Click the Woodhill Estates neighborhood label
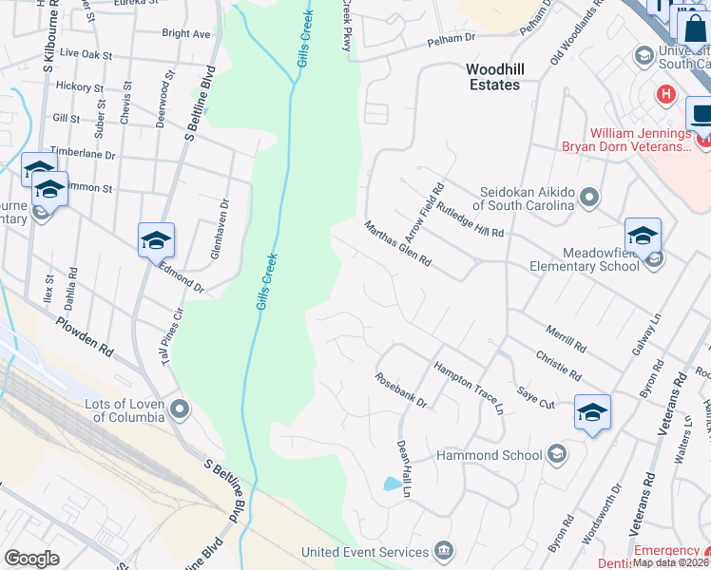pos(493,77)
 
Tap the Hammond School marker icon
pos(557,455)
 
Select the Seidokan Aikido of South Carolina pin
pos(589,198)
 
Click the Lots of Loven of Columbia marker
pos(179,410)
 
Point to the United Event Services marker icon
pos(443,552)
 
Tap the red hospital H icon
pos(666,95)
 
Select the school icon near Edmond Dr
pos(156,239)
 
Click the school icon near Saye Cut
pos(592,412)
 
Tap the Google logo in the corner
pos(31,558)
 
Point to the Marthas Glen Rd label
pos(399,244)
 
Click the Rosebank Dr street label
pos(401,390)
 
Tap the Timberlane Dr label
pos(83,154)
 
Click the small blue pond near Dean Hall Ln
pos(392,484)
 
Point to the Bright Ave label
pos(186,33)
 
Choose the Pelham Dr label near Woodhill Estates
pos(451,38)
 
